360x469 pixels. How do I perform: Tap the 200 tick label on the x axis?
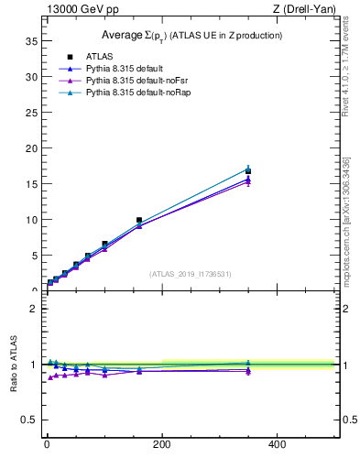pyautogui.click(x=162, y=445)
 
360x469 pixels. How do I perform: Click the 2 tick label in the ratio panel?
pyautogui.click(x=33, y=309)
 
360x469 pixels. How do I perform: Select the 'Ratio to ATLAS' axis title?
pyautogui.click(x=13, y=364)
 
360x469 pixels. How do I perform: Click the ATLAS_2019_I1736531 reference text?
pyautogui.click(x=191, y=274)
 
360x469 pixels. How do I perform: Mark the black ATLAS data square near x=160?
pyautogui.click(x=139, y=221)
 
